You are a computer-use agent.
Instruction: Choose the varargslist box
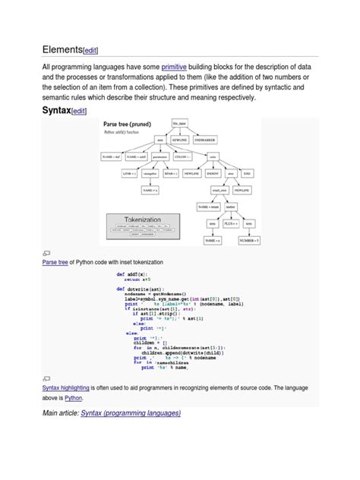(150, 172)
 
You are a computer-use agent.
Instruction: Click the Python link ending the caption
(73, 397)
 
